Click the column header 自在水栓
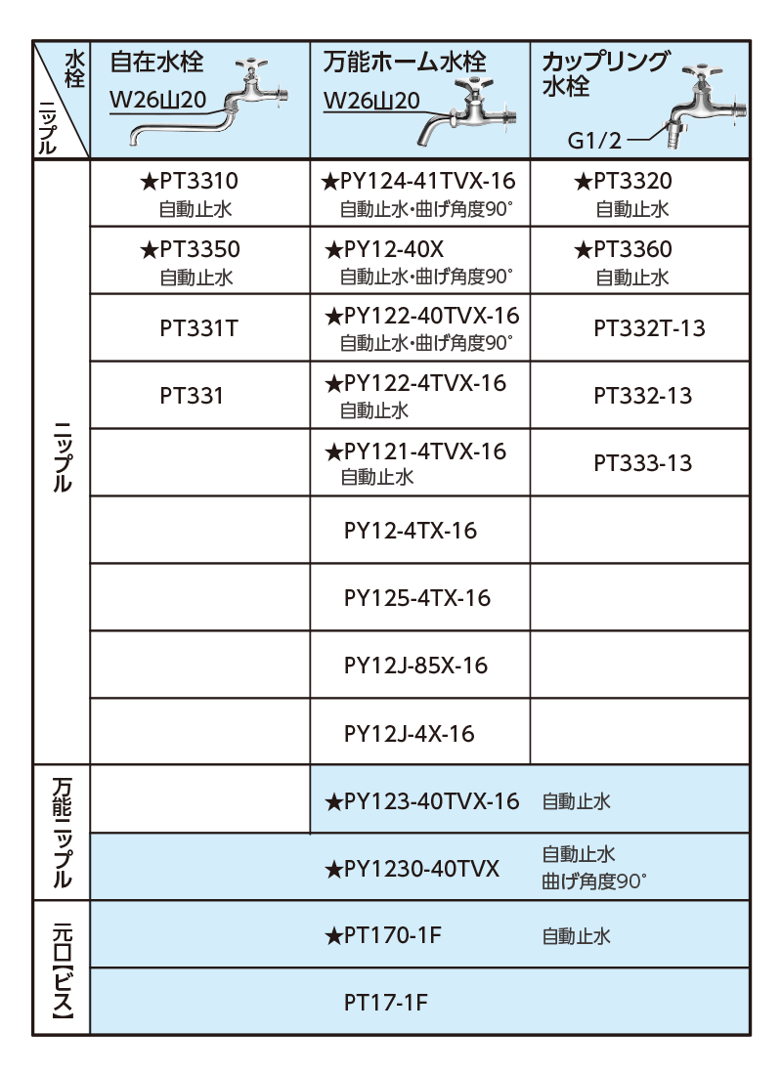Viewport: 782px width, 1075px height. tap(157, 63)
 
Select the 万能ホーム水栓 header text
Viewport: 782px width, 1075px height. tap(405, 63)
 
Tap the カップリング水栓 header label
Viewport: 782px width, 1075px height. tap(605, 73)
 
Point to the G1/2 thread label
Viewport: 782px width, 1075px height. tap(594, 141)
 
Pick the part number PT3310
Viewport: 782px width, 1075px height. tap(190, 181)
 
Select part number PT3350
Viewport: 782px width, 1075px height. tap(190, 249)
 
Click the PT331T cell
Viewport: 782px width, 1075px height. tap(199, 328)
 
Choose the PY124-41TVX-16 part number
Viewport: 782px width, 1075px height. tap(417, 181)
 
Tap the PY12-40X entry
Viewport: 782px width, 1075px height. tap(384, 249)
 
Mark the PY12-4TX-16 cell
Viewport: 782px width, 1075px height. tap(411, 531)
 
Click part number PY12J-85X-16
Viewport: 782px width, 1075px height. tap(415, 666)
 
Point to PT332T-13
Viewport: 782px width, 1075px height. tap(650, 328)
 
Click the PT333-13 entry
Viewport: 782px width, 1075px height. tap(643, 463)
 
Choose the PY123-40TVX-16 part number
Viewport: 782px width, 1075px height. tap(422, 801)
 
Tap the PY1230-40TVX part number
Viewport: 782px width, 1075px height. tap(413, 870)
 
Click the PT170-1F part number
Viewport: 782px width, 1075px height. tap(383, 936)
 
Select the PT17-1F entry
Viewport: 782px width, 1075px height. tap(385, 1003)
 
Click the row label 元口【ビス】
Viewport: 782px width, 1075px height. tap(63, 968)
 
